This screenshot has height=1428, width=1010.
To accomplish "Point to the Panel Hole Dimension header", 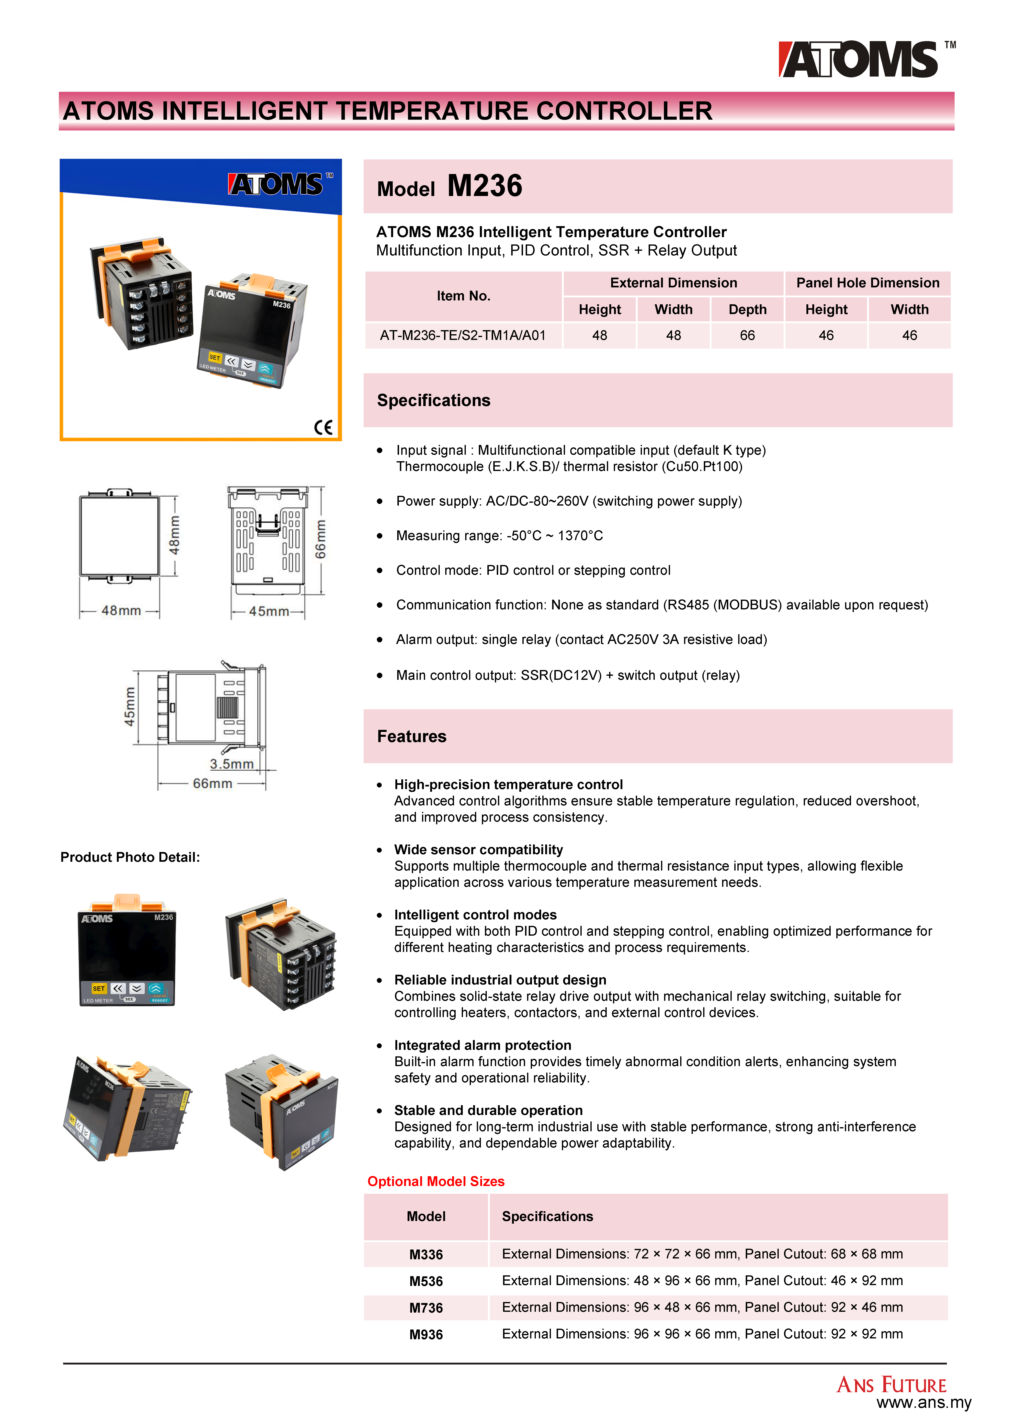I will [867, 283].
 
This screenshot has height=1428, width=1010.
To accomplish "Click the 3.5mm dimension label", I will [231, 764].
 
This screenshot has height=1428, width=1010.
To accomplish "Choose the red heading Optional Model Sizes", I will [436, 1181].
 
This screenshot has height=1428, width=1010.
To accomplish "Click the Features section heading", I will [411, 736].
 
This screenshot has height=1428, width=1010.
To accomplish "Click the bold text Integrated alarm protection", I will [482, 1045].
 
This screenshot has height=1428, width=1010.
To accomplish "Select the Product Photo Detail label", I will [130, 857].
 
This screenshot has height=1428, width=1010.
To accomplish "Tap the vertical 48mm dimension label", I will [175, 535].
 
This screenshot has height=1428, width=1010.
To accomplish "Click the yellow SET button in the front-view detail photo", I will [98, 988].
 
